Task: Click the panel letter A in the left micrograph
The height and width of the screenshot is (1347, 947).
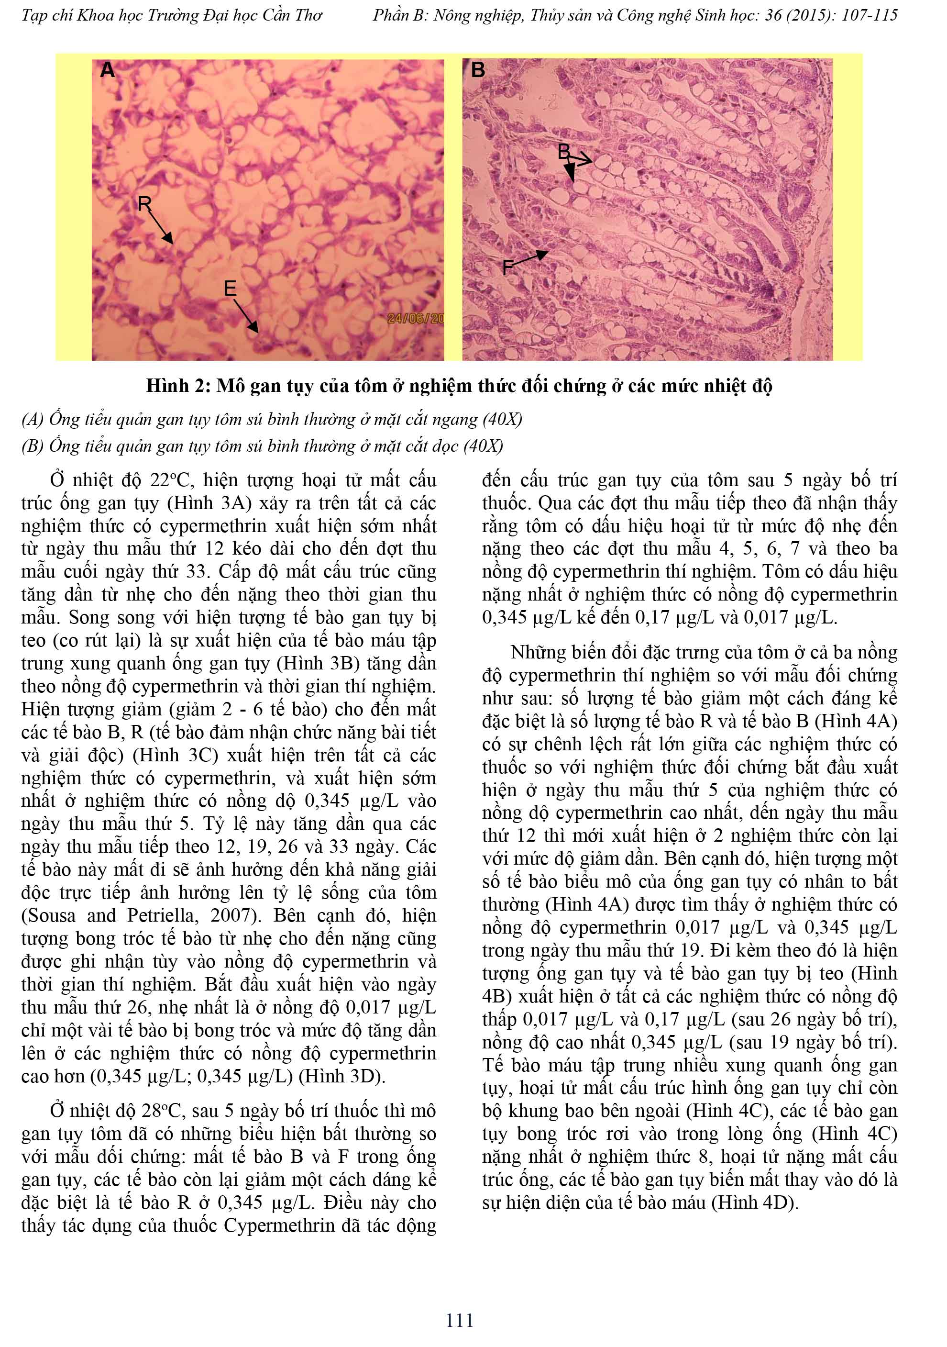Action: (x=107, y=71)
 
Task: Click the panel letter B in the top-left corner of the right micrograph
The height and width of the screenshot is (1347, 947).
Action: (x=478, y=70)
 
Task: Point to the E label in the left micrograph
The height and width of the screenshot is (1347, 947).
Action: (x=230, y=288)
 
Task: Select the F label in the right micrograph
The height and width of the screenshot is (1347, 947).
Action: (x=508, y=268)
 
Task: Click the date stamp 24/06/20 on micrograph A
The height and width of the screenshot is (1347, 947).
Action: (x=416, y=319)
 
